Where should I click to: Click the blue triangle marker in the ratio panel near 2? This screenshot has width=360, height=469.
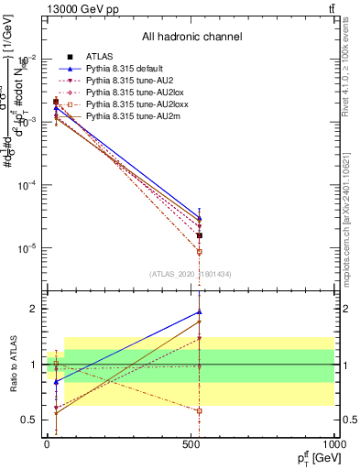(199, 312)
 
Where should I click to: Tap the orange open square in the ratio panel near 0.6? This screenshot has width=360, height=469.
(199, 410)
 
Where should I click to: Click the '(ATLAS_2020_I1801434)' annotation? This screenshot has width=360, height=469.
(191, 273)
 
